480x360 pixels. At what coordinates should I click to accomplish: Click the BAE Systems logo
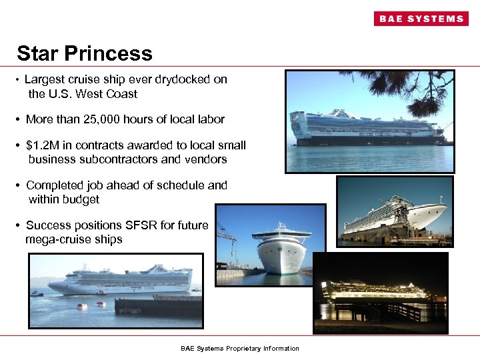(421, 19)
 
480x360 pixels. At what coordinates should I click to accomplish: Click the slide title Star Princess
(85, 53)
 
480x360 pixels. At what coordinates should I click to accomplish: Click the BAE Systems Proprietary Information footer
(240, 349)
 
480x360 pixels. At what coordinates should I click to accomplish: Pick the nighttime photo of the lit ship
(381, 293)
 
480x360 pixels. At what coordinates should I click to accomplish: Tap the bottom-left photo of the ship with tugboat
(115, 290)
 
